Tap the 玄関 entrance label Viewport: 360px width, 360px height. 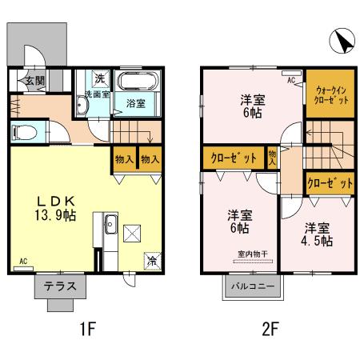(x=33, y=81)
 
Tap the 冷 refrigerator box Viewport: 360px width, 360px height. (x=151, y=260)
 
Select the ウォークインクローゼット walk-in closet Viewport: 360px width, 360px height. (x=330, y=96)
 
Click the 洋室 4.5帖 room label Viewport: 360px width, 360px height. (x=318, y=234)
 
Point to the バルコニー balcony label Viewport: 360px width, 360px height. (x=253, y=286)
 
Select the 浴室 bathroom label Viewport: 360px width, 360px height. (x=135, y=103)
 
